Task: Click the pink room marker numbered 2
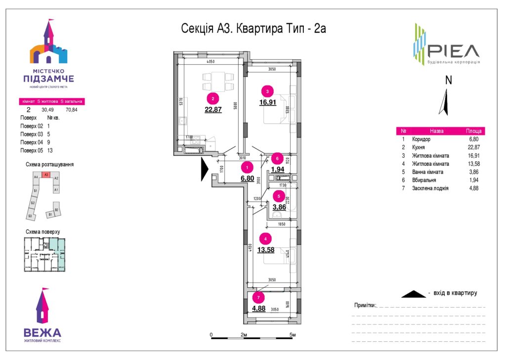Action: pos(213,97)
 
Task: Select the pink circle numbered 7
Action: pos(258,298)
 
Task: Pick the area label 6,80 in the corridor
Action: pos(248,178)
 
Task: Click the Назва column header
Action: pos(436,132)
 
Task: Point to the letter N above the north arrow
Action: pos(448,80)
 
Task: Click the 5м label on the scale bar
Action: pos(293,335)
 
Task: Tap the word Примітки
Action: pos(365,306)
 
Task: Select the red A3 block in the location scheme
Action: pos(46,175)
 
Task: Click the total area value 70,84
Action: pos(72,110)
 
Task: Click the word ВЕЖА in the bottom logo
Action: pos(42,332)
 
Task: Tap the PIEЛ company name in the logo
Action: pos(453,51)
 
